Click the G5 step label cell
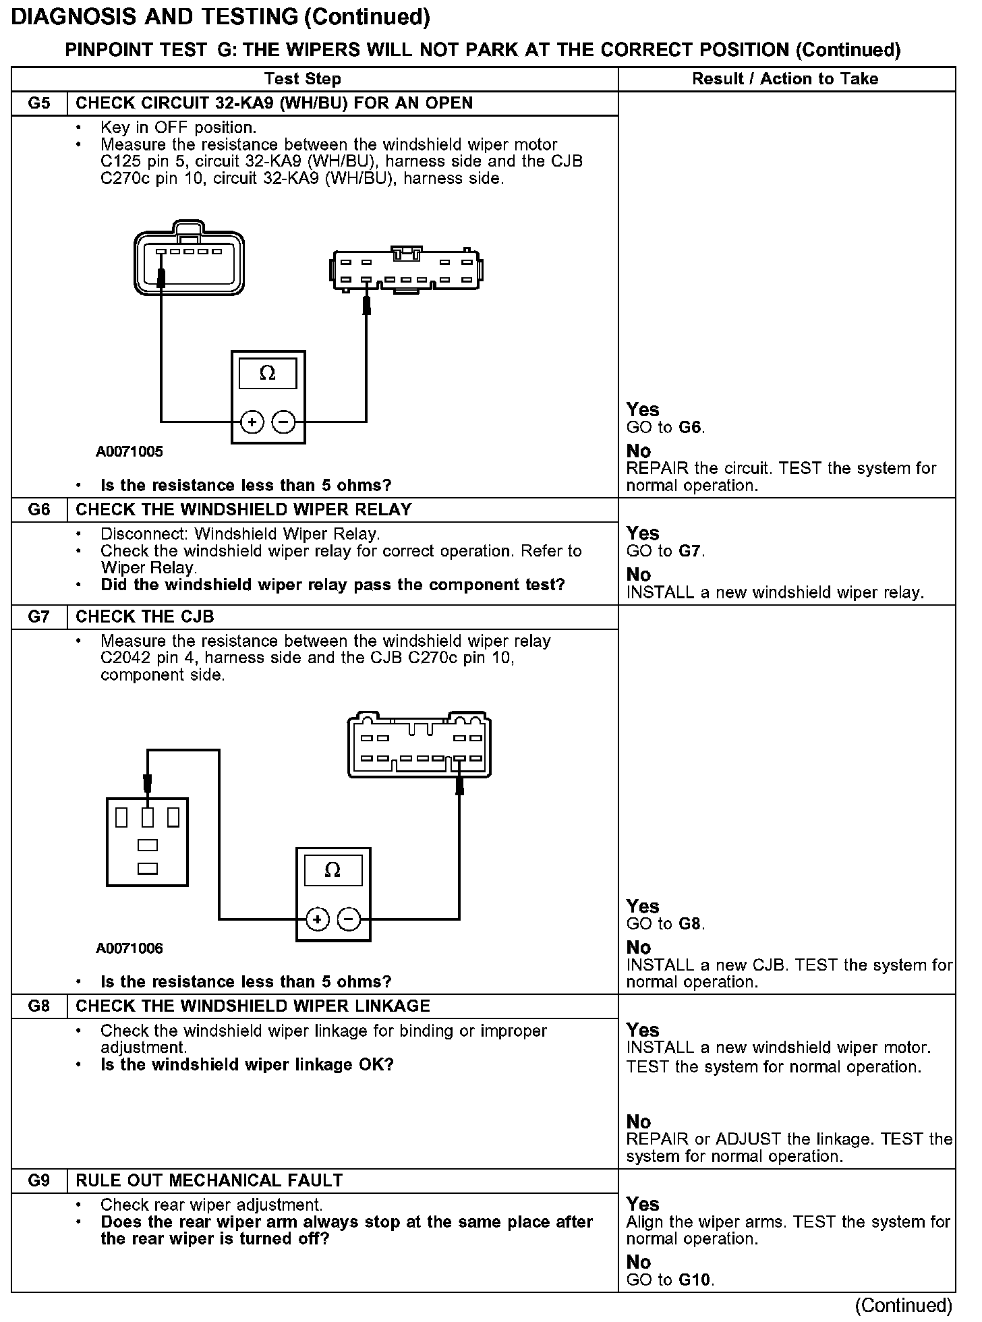click(x=39, y=104)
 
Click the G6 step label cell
click(x=39, y=510)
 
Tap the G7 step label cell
click(x=39, y=617)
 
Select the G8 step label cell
click(x=39, y=1006)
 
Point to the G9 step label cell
click(x=39, y=1181)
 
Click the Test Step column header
click(x=303, y=79)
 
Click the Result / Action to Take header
click(x=785, y=79)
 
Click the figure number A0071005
click(x=129, y=451)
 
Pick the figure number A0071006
click(x=129, y=948)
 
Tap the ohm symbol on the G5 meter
click(x=268, y=374)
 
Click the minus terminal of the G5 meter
click(x=283, y=422)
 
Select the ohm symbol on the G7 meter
click(x=333, y=871)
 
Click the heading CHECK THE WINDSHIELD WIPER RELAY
click(x=243, y=510)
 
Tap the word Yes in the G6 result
click(x=643, y=534)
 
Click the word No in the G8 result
click(x=639, y=1122)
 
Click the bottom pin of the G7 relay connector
click(x=147, y=869)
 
